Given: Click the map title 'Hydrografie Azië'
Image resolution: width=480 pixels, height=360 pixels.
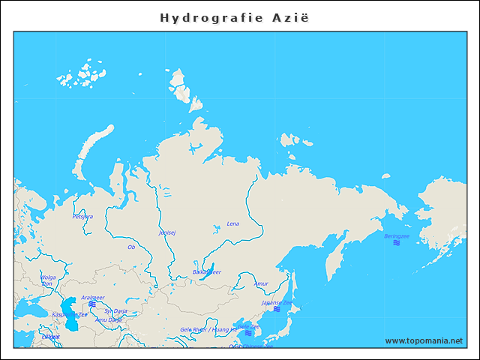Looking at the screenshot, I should point(234,16).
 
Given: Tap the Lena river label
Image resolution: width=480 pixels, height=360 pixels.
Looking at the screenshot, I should point(233,223).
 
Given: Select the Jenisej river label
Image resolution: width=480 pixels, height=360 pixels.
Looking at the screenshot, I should point(167,232).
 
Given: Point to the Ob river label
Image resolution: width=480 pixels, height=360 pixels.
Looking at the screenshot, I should point(131,246).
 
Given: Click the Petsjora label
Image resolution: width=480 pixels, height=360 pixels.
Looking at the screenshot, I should point(82,217).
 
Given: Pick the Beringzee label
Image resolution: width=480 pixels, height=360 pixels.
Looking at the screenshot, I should point(397,236).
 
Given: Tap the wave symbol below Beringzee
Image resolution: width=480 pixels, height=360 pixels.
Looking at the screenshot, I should point(397,244).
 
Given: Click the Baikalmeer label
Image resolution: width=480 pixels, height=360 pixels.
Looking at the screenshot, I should point(206,272).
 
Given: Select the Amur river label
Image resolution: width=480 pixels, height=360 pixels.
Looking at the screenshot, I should point(261,283).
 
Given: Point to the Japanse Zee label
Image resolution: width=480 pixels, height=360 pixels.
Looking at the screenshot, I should point(277,302).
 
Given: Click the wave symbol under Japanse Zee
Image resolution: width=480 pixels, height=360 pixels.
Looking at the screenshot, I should point(277,309).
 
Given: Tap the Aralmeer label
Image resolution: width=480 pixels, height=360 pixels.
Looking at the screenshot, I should point(92,297).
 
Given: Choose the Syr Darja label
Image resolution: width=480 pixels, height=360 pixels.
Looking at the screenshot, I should point(115,310).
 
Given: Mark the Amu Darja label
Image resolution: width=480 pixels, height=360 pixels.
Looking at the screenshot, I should point(108,319).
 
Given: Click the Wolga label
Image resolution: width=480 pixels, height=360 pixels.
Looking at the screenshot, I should point(48,277).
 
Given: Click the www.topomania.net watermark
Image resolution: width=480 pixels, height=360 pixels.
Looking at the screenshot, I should point(424,340).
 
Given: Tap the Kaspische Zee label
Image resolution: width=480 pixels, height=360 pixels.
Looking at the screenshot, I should point(69,315).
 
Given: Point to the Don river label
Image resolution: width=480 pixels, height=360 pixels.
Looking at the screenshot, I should point(47,284).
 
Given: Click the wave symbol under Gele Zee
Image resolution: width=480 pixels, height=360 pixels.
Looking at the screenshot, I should point(247,334).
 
